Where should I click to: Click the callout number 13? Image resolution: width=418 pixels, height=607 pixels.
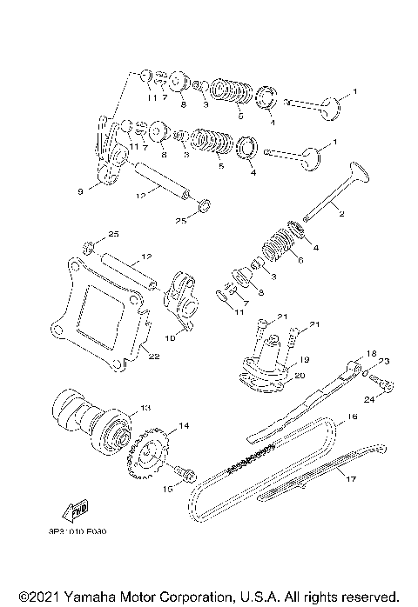coord(145,407)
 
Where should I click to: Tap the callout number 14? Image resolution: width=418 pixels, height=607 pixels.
coord(184,425)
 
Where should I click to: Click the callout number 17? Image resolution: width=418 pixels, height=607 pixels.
coord(353,478)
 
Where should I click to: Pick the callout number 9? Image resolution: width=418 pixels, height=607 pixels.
coord(82,191)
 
